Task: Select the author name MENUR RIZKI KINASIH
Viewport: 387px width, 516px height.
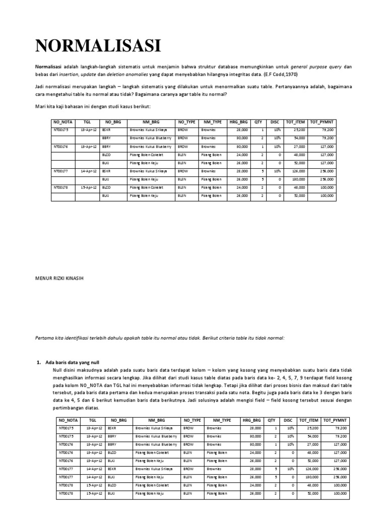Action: (x=59, y=277)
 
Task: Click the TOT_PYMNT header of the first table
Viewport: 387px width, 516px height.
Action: (x=321, y=122)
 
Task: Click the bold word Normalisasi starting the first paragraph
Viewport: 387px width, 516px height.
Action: (x=48, y=67)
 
